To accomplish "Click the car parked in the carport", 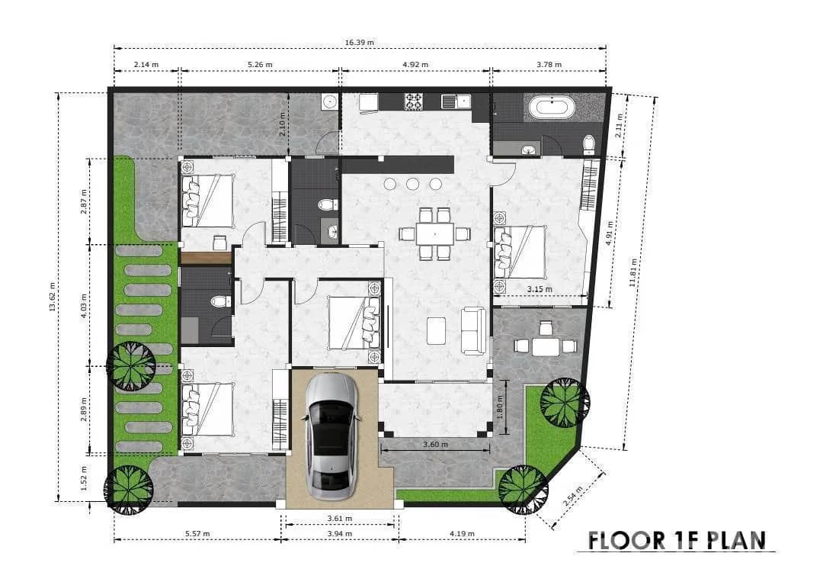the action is (333, 437).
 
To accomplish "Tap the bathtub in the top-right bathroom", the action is (552, 108).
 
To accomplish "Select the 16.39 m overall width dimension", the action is (360, 42).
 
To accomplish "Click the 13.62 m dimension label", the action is (52, 297).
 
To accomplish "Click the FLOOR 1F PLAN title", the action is (677, 541).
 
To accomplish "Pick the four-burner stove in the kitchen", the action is (414, 101).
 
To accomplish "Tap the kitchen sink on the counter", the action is (456, 101).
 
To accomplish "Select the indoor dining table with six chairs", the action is (434, 233).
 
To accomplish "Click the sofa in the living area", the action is (473, 331).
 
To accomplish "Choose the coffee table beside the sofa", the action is (436, 331).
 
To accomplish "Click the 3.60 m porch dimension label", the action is (435, 445).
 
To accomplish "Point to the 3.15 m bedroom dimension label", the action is (540, 289).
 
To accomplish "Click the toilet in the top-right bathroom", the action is (589, 144).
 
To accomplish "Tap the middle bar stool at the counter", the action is (412, 184).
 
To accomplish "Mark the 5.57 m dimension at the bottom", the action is (197, 534).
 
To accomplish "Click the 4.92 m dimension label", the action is (415, 65).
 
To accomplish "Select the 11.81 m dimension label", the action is (634, 272).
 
